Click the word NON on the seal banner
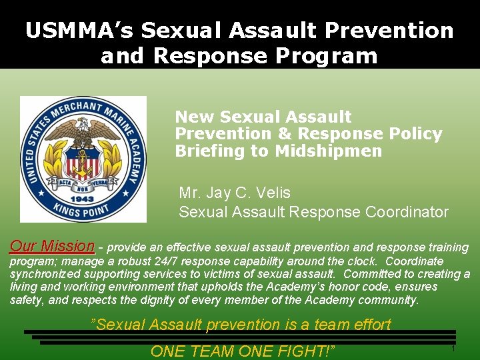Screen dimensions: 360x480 (83, 188)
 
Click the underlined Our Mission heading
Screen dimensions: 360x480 (53, 245)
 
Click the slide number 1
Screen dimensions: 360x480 (453, 349)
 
